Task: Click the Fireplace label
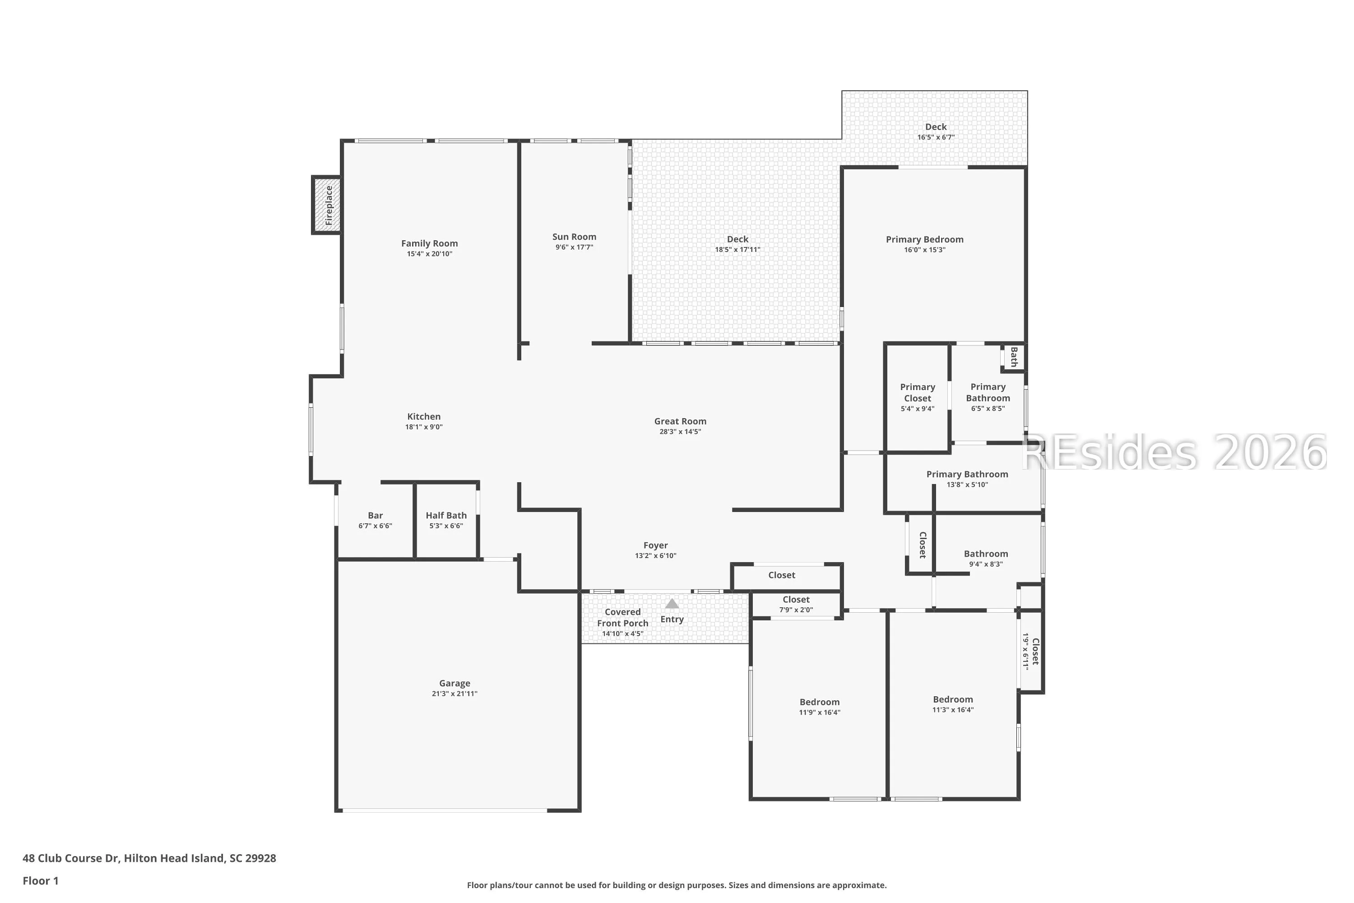[329, 205]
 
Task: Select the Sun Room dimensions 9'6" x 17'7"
[574, 247]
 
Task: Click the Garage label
[455, 684]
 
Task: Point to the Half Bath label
[446, 516]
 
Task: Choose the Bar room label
[376, 516]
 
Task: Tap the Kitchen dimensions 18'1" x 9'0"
[424, 427]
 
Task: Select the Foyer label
[656, 545]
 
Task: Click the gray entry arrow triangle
[672, 604]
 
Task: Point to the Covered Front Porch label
[622, 617]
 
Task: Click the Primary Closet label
[918, 393]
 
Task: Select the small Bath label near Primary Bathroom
[1014, 357]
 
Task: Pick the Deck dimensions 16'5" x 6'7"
[936, 137]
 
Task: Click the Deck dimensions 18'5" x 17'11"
[737, 249]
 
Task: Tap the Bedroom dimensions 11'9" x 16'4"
[819, 712]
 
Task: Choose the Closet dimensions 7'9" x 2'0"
[796, 610]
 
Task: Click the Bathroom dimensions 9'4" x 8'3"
[986, 564]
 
